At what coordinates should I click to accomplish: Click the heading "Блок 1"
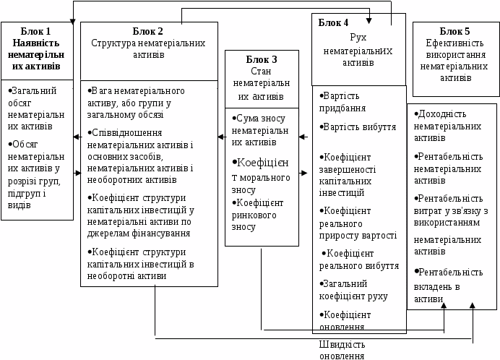(36, 31)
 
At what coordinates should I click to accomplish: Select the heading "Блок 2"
(148, 31)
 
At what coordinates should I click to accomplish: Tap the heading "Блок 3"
(261, 59)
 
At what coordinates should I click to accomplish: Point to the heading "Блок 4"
(333, 22)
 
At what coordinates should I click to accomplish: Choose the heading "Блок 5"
(455, 31)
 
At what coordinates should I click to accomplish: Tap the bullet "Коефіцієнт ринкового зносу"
(261, 214)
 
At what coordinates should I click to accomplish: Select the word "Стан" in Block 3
(261, 72)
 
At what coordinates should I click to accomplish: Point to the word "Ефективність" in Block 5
(455, 43)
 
